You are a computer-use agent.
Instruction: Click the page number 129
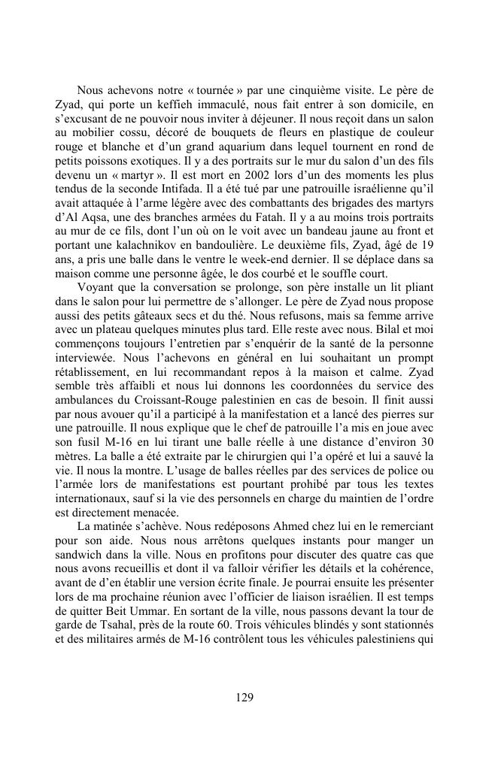pyautogui.click(x=244, y=697)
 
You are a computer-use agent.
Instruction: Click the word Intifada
pyautogui.click(x=197, y=186)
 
